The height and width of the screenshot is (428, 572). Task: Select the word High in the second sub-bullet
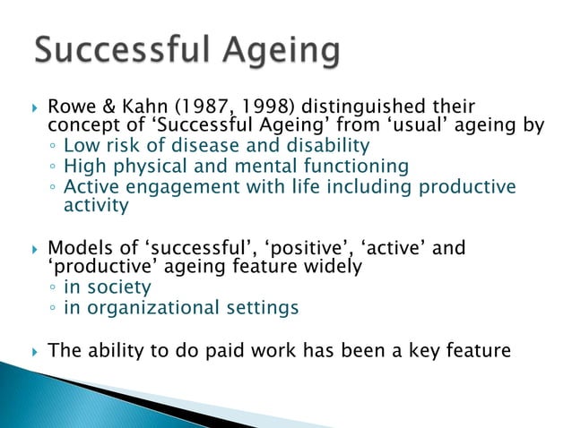[x=82, y=167]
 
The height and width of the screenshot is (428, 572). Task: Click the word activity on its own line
[x=96, y=206]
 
